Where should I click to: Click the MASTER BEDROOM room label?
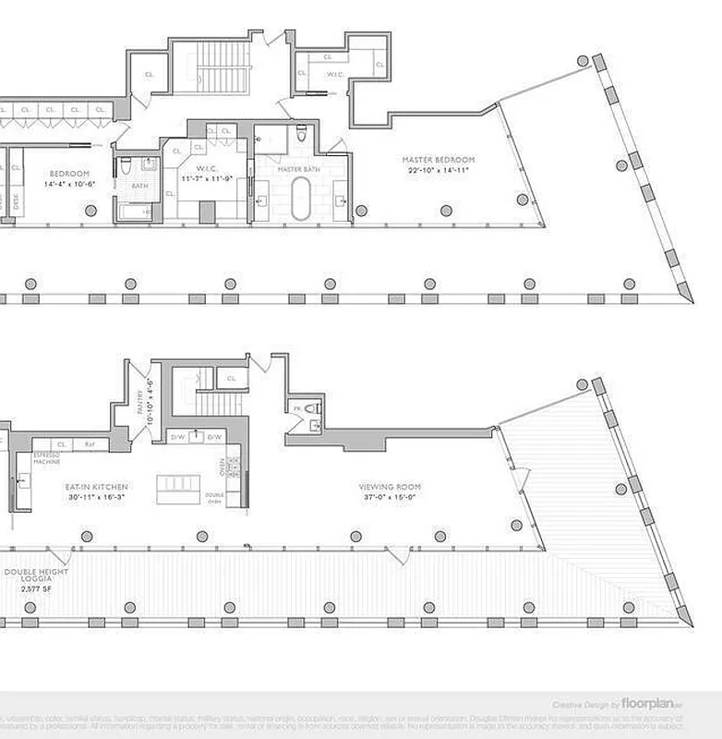(x=438, y=160)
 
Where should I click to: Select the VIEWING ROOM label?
(x=390, y=485)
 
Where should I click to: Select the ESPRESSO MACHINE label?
(x=46, y=459)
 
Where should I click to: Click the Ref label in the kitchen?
(x=90, y=444)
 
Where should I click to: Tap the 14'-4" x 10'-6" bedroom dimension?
(x=69, y=183)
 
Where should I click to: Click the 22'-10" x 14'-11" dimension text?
(x=438, y=170)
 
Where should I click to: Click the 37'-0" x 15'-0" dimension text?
(x=390, y=495)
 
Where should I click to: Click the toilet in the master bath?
(x=303, y=137)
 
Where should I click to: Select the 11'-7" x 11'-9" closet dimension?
(x=204, y=177)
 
